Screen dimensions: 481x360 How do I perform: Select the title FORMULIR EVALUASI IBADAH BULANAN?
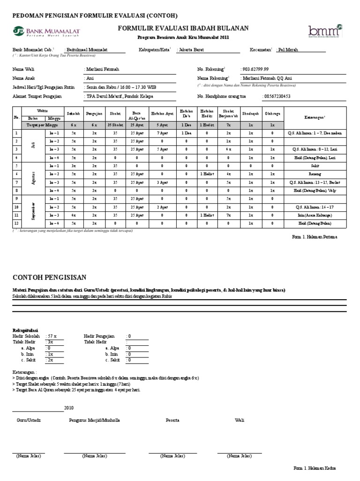(x=183, y=29)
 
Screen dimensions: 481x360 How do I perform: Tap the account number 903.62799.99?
(x=255, y=69)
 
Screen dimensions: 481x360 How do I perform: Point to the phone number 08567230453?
(x=277, y=96)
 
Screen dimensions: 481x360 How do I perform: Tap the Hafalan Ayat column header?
(x=162, y=113)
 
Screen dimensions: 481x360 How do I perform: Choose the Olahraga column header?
(x=272, y=113)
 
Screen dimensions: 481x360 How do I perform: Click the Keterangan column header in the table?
(x=315, y=116)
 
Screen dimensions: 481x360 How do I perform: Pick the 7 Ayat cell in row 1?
(x=162, y=133)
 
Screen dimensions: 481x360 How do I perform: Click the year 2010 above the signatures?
(x=68, y=408)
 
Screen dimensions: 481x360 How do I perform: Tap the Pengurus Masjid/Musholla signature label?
(x=94, y=420)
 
